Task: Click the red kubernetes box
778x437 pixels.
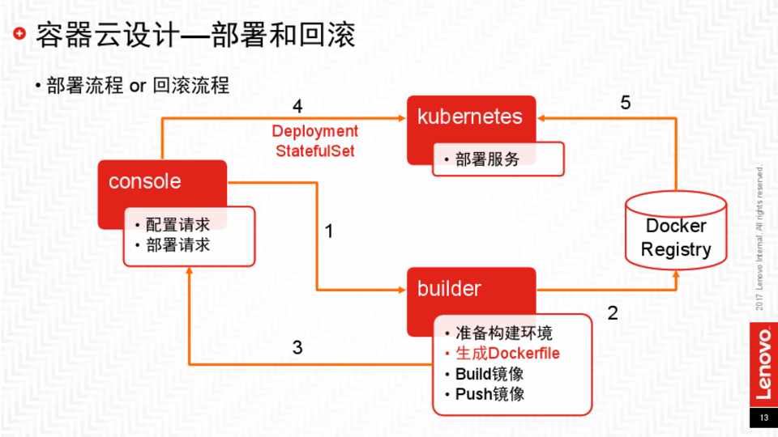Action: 470,118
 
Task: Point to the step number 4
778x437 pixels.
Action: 297,107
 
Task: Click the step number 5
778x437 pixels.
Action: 625,103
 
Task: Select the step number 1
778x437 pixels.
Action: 329,231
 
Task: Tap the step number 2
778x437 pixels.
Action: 613,312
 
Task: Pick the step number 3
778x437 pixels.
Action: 297,348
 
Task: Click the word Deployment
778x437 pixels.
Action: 314,131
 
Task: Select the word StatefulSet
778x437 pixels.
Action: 315,151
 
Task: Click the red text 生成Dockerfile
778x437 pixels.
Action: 507,354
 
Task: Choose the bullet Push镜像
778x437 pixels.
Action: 489,394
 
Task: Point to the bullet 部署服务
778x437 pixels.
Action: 487,159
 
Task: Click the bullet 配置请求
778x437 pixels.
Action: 177,224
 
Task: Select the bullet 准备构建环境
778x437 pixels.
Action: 511,333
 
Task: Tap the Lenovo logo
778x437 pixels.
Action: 763,363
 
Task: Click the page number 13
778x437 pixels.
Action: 763,419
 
